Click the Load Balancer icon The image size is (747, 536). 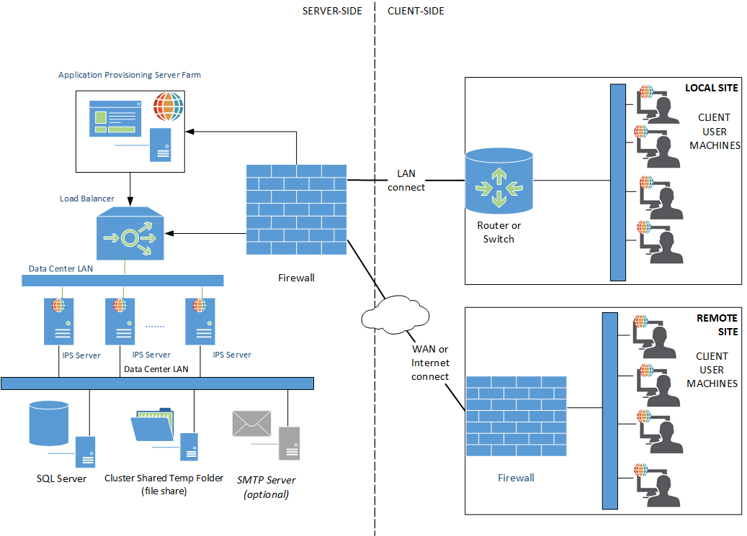[x=130, y=233]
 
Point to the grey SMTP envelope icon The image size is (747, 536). [x=251, y=423]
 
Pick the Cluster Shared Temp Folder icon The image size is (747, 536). [x=153, y=425]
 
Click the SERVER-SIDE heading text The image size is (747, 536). [x=332, y=11]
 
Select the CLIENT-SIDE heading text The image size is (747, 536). [x=416, y=11]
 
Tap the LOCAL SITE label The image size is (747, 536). [x=711, y=88]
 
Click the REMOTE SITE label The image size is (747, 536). [x=717, y=324]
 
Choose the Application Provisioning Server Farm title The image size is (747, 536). [x=130, y=75]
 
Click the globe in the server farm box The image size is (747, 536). [x=168, y=106]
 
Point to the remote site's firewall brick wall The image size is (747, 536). [x=516, y=416]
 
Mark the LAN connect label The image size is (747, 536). [x=406, y=181]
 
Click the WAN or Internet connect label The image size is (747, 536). [x=430, y=363]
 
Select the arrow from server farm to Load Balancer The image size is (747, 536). [x=130, y=188]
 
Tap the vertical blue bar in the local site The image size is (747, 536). [x=617, y=182]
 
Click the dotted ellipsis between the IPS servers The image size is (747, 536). [x=155, y=326]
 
